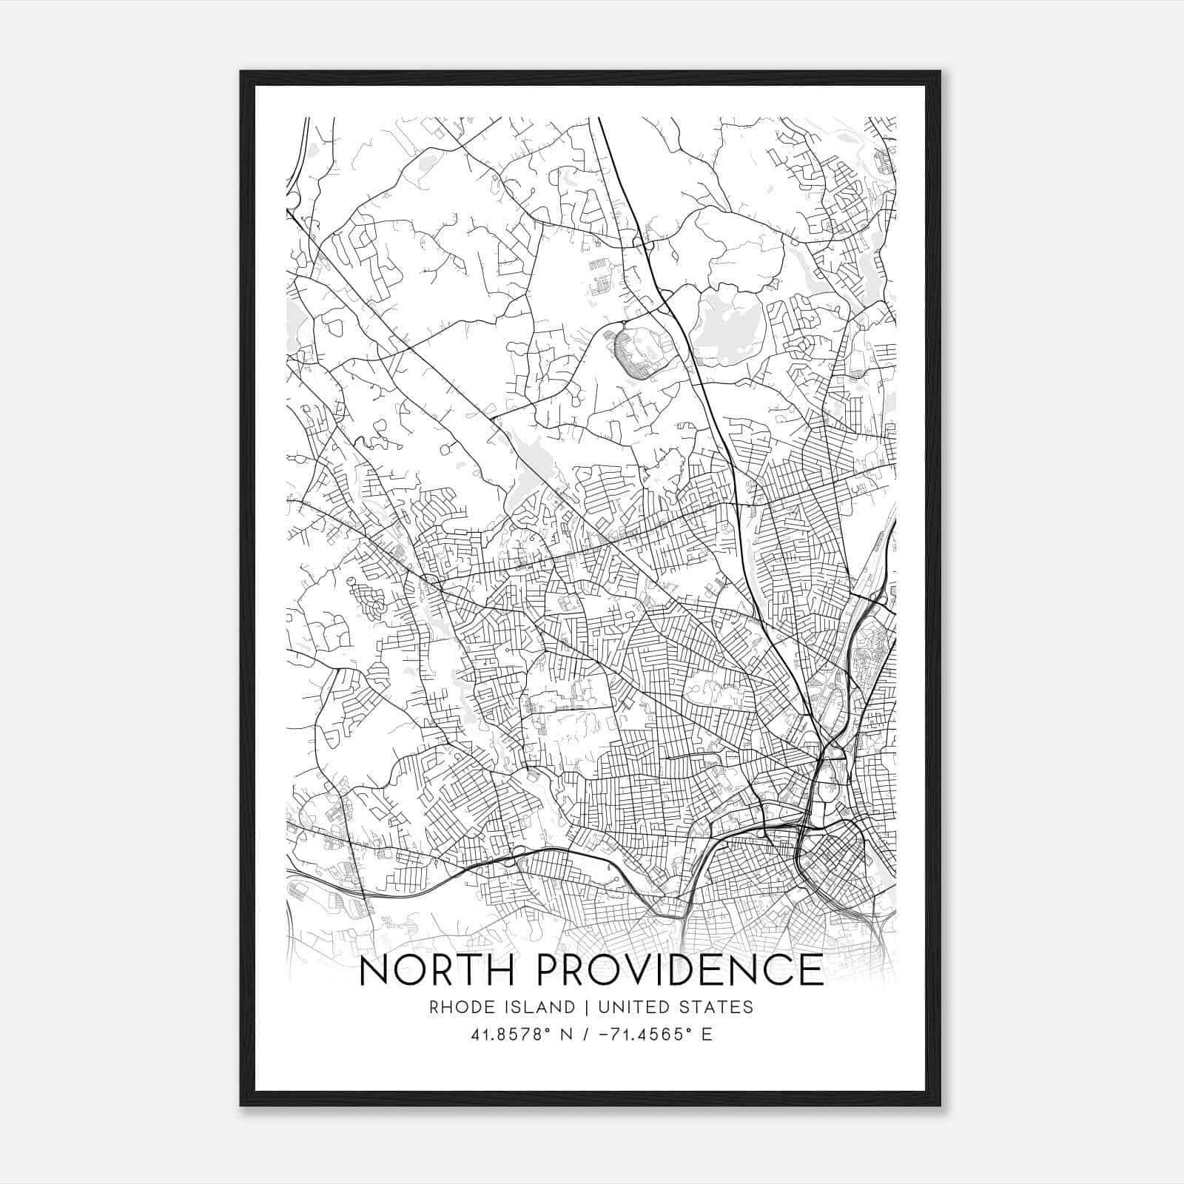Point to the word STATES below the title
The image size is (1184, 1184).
pyautogui.click(x=717, y=1007)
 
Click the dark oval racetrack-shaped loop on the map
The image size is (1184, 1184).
pyautogui.click(x=632, y=354)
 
